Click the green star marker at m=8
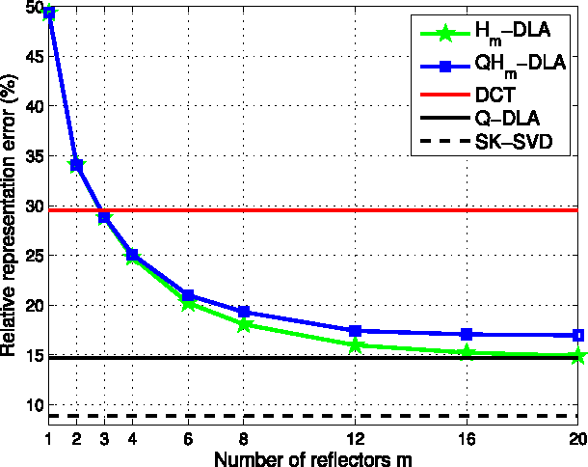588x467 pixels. click(244, 324)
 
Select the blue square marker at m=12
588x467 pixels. click(356, 331)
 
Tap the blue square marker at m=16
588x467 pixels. click(468, 334)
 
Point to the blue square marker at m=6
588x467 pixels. click(188, 295)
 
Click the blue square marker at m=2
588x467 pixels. click(76, 165)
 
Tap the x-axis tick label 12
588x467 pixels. click(356, 439)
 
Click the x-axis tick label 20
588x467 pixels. click(576, 439)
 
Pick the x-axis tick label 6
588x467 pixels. click(188, 439)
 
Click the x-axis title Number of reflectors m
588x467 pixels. click(313, 457)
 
